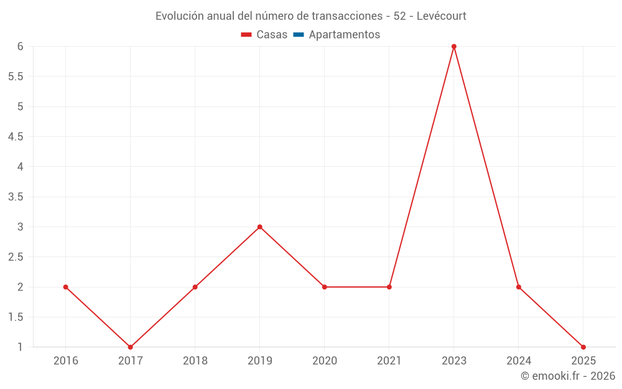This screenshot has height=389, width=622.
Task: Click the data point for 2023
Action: coord(454,47)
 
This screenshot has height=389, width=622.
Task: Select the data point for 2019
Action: coord(260,227)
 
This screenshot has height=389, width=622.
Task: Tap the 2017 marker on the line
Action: coord(131,347)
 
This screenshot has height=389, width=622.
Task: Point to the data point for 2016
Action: coord(66,287)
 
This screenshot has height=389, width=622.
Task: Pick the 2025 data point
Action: coord(583,347)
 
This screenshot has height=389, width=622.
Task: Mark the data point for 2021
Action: coord(389,287)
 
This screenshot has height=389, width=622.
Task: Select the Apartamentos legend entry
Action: coord(344,35)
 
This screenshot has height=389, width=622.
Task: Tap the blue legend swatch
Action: coord(299,35)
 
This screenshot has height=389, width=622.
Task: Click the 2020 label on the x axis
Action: coord(325,361)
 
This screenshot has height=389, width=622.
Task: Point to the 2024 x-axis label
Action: coord(519,361)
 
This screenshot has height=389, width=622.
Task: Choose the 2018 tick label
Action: coord(195,361)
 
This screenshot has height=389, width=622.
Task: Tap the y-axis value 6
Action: coord(21,47)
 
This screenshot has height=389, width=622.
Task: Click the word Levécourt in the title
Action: coord(439,16)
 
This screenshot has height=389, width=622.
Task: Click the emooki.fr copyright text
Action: coord(568,376)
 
